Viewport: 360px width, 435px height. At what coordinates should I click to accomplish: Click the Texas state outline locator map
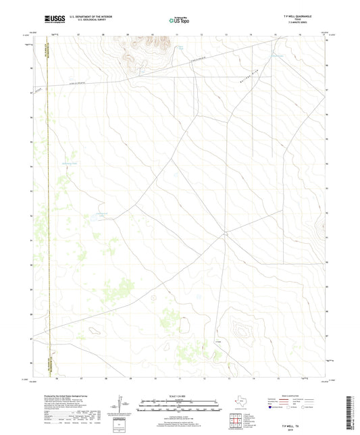coord(240,403)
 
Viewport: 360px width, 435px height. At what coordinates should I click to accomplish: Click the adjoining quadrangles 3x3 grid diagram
coord(235,420)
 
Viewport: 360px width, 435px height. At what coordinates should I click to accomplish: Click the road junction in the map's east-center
coord(224,234)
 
